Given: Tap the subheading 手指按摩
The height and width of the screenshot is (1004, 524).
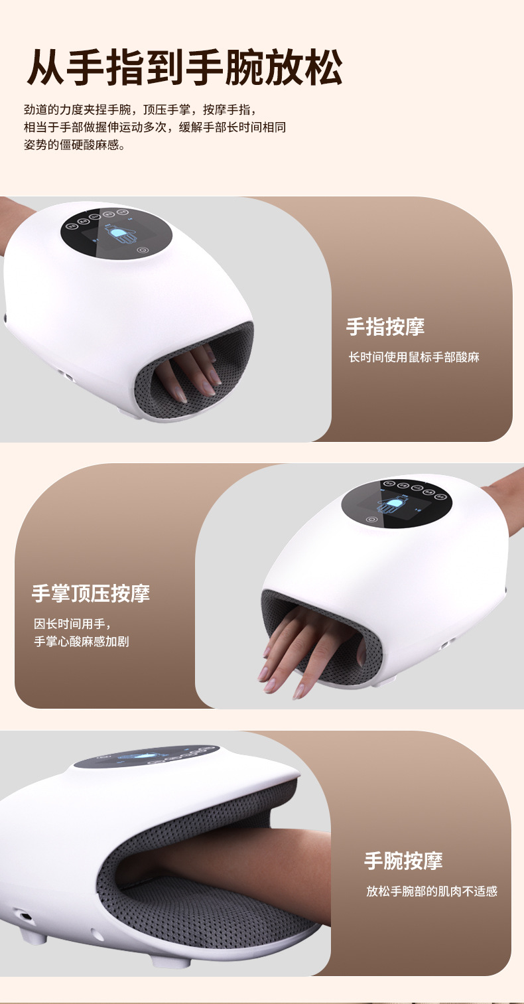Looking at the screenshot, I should (385, 326).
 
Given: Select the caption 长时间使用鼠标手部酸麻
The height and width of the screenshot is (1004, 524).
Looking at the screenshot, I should (413, 357).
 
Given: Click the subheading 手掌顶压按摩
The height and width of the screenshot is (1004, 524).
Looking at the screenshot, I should (91, 593).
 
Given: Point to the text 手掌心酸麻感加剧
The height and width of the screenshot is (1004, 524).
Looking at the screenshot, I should (81, 642).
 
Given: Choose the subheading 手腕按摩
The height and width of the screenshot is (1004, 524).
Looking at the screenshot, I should (403, 861).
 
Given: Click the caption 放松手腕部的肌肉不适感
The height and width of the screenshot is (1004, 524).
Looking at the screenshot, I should (431, 891).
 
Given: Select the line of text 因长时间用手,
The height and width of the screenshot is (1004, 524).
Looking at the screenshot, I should (72, 624).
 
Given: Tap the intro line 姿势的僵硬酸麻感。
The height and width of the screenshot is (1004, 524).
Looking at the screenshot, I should (74, 145).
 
